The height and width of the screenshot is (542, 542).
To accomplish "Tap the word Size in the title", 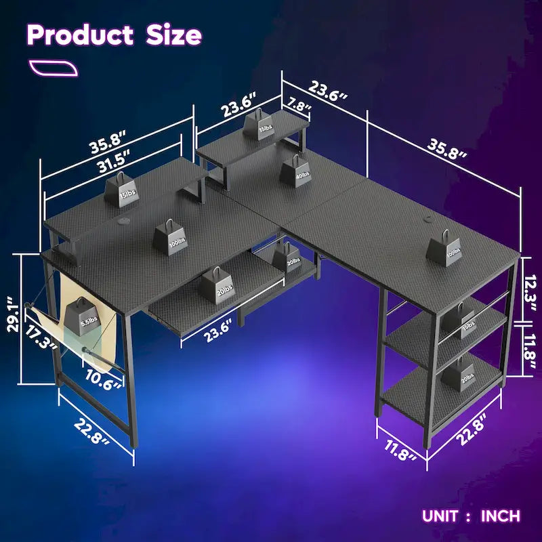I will coord(173,35).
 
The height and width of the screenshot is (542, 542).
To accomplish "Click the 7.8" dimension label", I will coord(299,107).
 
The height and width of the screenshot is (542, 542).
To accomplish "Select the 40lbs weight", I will coord(294,170).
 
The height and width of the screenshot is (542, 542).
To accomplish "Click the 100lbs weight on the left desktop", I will coord(168,237).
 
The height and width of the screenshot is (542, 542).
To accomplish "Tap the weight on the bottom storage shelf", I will coord(465,374).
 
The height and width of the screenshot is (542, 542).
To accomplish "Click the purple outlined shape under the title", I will coord(54,68).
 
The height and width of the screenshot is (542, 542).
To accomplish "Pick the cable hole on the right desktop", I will coord(429,218).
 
